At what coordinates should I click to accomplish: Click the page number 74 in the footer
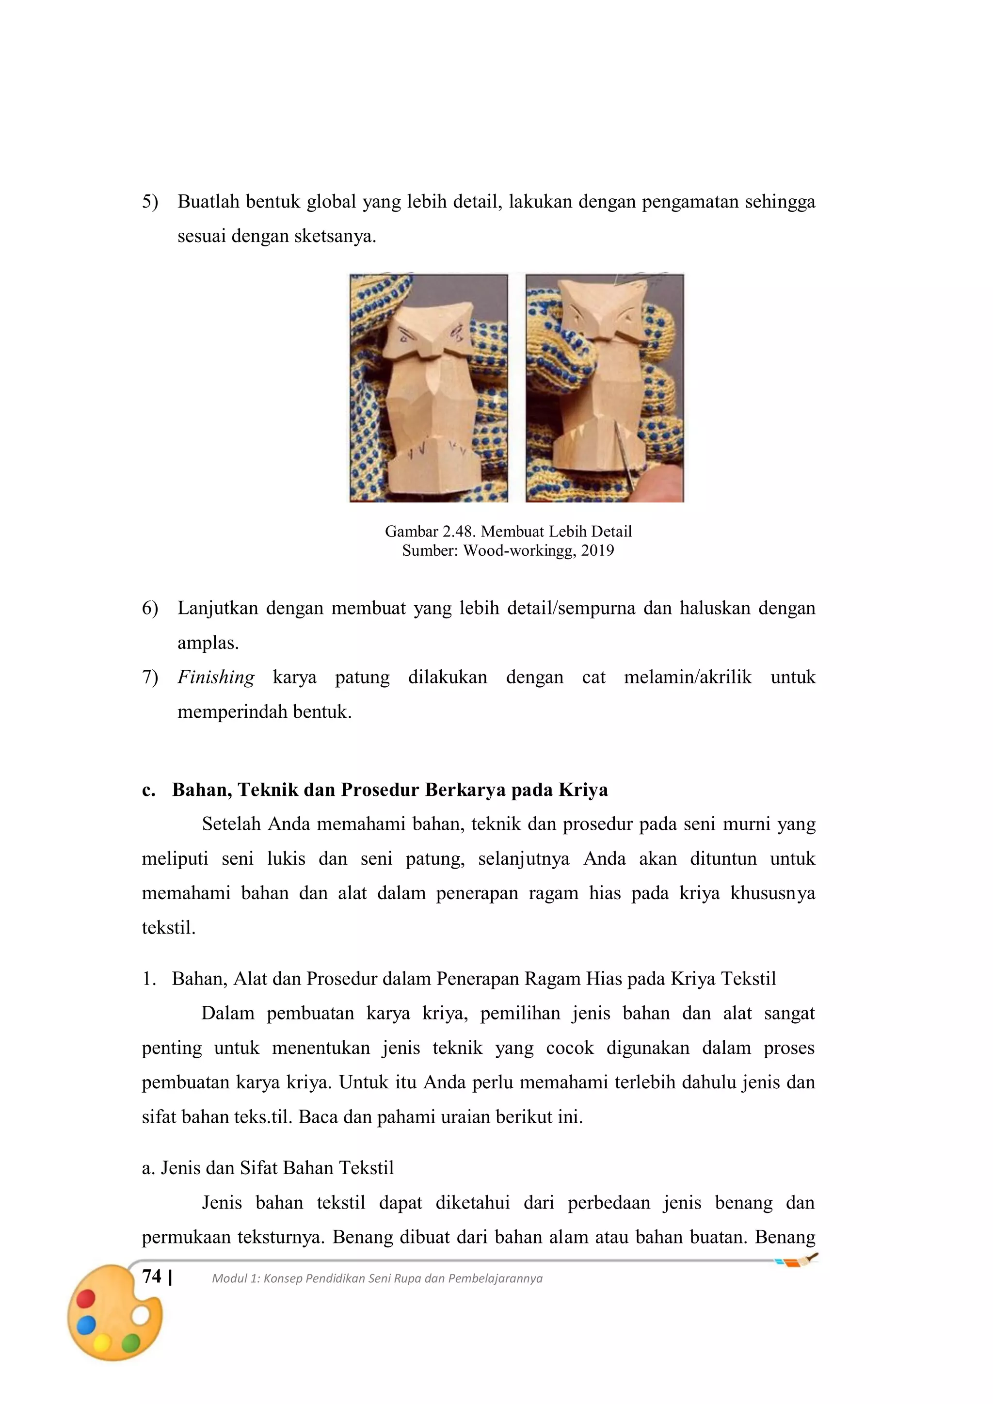(x=152, y=1276)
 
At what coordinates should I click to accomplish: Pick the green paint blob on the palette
(x=131, y=1343)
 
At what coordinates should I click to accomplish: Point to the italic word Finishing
(x=216, y=677)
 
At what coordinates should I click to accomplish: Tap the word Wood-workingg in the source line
(x=520, y=550)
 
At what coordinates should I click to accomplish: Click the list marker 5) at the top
(x=150, y=201)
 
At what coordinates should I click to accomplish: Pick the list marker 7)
(x=150, y=677)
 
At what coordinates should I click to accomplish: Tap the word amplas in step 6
(x=206, y=643)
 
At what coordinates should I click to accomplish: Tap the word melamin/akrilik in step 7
(x=687, y=677)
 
